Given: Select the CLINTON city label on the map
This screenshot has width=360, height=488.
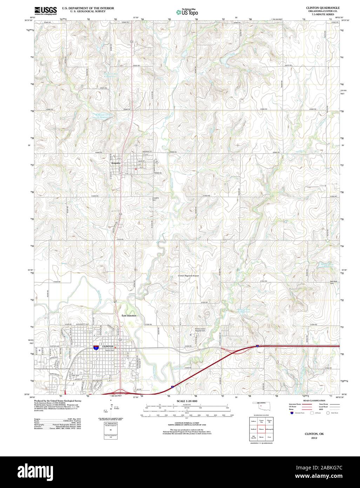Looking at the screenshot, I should [108, 347].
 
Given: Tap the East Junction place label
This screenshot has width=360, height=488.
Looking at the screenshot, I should [129, 316].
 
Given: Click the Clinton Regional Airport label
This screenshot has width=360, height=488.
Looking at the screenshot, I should [188, 276].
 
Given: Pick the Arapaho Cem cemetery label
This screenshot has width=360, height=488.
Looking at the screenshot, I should [155, 199].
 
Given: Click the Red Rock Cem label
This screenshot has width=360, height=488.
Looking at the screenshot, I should [329, 282].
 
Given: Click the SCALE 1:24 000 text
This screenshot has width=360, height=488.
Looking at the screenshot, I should [187, 401].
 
